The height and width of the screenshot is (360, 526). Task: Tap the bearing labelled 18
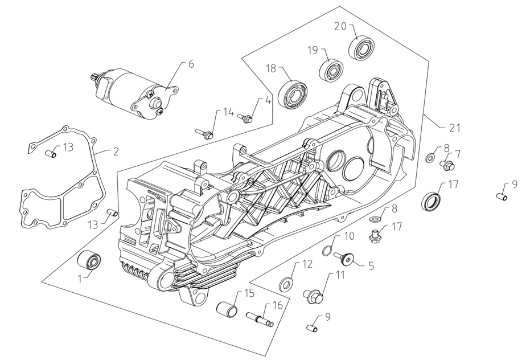pos(293,92)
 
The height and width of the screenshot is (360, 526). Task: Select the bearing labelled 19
pos(331,70)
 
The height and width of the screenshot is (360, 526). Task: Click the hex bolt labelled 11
pos(314,296)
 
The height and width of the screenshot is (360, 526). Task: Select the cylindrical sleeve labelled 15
pos(227,311)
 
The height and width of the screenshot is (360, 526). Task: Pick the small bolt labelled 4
pos(246,118)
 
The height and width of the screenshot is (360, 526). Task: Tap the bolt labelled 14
pos(206,133)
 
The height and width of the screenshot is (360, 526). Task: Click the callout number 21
pos(454,128)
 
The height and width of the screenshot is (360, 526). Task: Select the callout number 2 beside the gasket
pos(116,152)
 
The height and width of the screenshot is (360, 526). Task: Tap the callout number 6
pos(191,64)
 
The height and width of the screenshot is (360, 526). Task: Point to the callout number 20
pos(340,26)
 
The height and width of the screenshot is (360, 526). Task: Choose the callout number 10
pos(349,235)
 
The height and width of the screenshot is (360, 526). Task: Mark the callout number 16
pos(277,305)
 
